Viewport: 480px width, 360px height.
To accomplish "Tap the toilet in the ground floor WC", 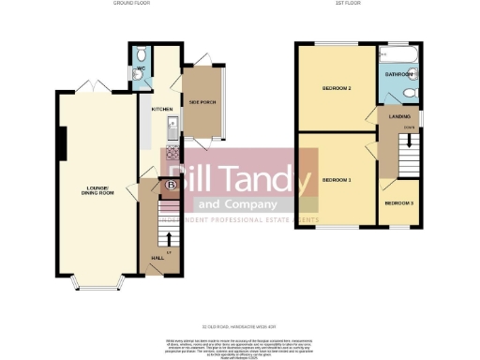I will point(140,54).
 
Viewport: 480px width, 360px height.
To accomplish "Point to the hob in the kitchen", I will point(172,151).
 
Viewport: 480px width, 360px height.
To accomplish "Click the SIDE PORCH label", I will point(202,100).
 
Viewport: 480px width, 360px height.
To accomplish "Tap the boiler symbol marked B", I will point(171,187).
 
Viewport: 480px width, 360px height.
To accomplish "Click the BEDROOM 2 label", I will point(337,89).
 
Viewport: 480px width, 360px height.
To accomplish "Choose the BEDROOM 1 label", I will point(337,179).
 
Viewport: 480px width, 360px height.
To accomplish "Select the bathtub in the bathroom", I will point(400,55).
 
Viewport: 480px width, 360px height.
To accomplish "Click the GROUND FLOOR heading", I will point(132,4).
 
